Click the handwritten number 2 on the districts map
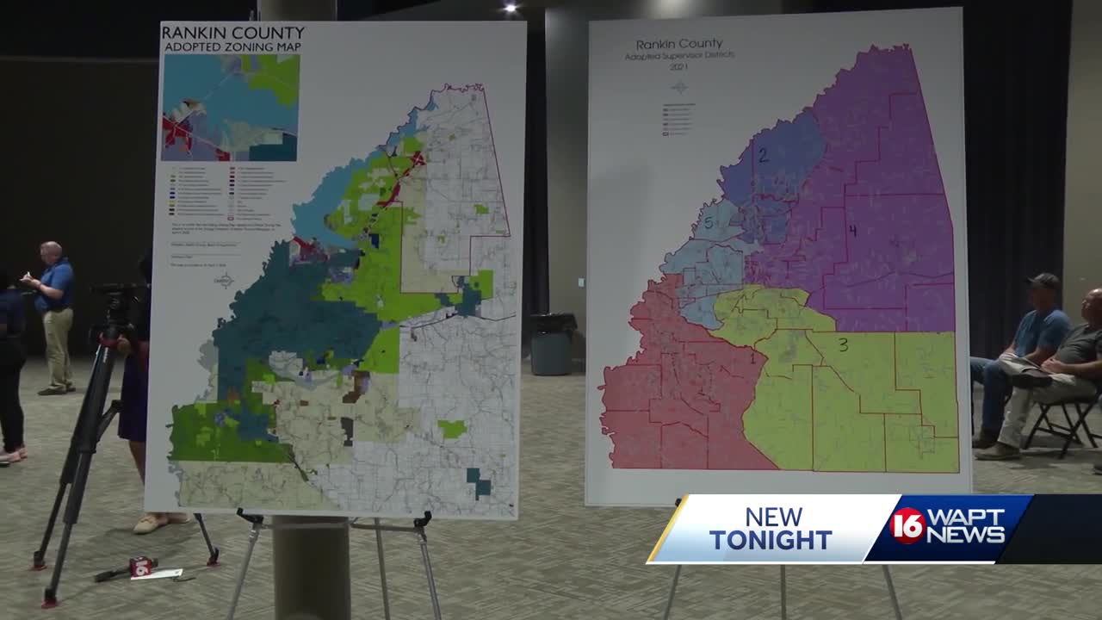click(x=763, y=156)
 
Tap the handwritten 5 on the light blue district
click(x=708, y=224)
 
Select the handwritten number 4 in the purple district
click(x=852, y=231)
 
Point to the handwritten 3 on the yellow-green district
click(x=843, y=345)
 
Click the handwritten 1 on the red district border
click(x=753, y=357)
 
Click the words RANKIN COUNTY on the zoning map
click(x=232, y=34)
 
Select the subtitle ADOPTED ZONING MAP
click(x=232, y=48)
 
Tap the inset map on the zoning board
click(x=230, y=108)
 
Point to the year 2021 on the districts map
click(x=679, y=66)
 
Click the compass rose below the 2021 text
click(x=679, y=87)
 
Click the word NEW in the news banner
click(x=773, y=517)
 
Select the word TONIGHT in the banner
click(x=771, y=540)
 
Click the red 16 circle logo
click(x=908, y=525)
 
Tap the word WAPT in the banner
click(x=966, y=518)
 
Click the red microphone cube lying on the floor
click(x=141, y=566)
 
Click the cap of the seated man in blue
click(x=1044, y=281)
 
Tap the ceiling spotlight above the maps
click(x=511, y=8)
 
